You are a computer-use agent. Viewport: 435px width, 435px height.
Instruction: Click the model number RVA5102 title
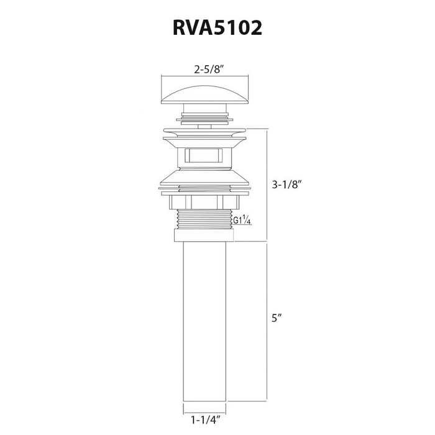click(x=217, y=28)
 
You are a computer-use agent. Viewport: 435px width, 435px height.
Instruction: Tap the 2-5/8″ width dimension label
click(x=209, y=70)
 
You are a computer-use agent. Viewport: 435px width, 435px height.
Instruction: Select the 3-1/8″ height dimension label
click(x=286, y=184)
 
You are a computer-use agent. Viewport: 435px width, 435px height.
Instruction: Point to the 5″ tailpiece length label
click(x=277, y=318)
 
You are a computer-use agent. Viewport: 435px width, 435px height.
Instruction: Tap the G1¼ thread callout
click(x=242, y=220)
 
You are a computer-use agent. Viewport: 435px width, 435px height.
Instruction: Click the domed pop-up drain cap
click(x=204, y=95)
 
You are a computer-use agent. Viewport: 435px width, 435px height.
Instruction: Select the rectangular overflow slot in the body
click(x=204, y=155)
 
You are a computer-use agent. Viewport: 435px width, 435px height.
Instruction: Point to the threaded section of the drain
click(x=204, y=219)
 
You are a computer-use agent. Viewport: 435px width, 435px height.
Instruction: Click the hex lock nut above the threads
click(x=204, y=202)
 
